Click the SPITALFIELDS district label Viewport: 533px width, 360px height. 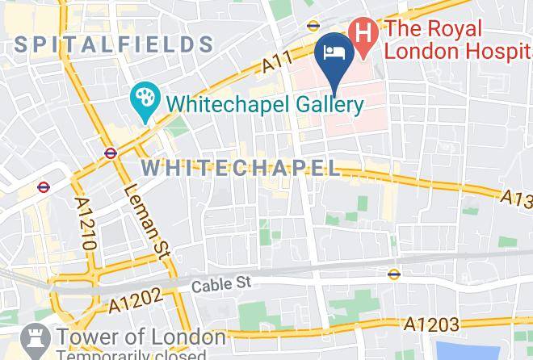click(x=112, y=45)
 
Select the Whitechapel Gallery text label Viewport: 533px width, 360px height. click(x=266, y=104)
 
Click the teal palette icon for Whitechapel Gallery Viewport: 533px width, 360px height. click(x=146, y=103)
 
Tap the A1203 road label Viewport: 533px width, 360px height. click(x=431, y=324)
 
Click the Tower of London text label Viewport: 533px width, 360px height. click(x=140, y=336)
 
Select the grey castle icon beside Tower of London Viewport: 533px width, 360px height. click(x=35, y=338)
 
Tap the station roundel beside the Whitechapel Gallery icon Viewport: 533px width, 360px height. click(x=111, y=153)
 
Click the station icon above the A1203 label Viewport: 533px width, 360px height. click(x=393, y=273)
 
